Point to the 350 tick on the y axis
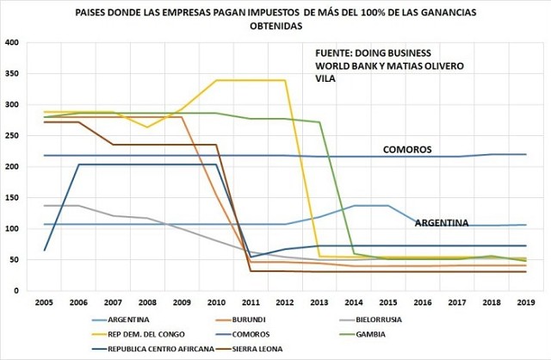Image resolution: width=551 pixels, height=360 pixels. pos(12,74)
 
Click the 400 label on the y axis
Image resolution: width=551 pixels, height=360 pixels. pos(12,43)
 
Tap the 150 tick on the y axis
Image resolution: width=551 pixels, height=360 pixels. pos(12,198)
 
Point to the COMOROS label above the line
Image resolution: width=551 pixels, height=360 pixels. pos(407,150)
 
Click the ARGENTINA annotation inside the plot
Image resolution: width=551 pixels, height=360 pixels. pos(442,223)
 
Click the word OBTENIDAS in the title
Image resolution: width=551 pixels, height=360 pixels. pos(275,27)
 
